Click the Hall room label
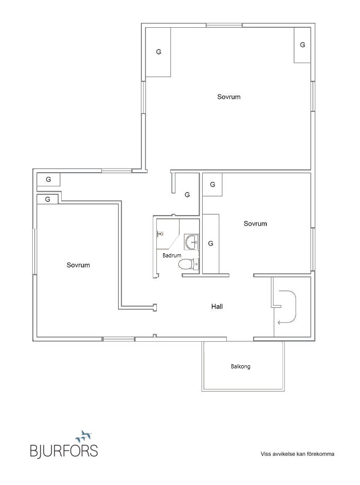click(217, 307)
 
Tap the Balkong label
click(241, 366)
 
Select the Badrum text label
click(172, 255)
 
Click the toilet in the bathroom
click(189, 265)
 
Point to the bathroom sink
click(192, 241)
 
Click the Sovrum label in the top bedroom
click(229, 97)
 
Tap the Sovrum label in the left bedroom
click(78, 265)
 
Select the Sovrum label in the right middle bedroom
click(256, 223)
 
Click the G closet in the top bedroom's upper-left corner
click(158, 52)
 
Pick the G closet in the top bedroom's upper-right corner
click(302, 45)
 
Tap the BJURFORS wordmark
click(64, 451)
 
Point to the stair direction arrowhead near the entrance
click(279, 323)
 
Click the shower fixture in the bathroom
click(159, 234)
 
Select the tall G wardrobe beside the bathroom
click(211, 244)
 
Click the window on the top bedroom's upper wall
click(224, 25)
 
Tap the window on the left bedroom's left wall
click(35, 251)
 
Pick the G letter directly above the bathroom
click(187, 195)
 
